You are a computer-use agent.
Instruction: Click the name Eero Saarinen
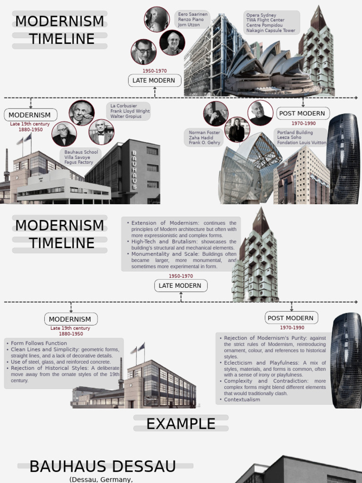[x=192, y=15]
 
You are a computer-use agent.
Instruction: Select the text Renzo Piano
[x=191, y=20]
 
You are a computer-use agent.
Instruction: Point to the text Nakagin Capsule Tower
[x=271, y=31]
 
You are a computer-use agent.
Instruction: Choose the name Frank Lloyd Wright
[x=130, y=111]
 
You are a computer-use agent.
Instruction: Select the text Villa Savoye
[x=77, y=158]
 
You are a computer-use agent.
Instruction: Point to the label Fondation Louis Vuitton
[x=302, y=142]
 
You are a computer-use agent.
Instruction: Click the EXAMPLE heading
[x=181, y=424]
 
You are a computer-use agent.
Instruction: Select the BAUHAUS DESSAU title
[x=102, y=466]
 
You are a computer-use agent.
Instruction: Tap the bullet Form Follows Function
[x=39, y=343]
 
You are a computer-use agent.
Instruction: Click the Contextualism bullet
[x=242, y=400]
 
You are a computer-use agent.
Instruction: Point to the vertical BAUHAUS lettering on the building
[x=134, y=170]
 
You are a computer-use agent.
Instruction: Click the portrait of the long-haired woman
[x=237, y=130]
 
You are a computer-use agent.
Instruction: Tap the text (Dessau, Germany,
[x=101, y=479]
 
